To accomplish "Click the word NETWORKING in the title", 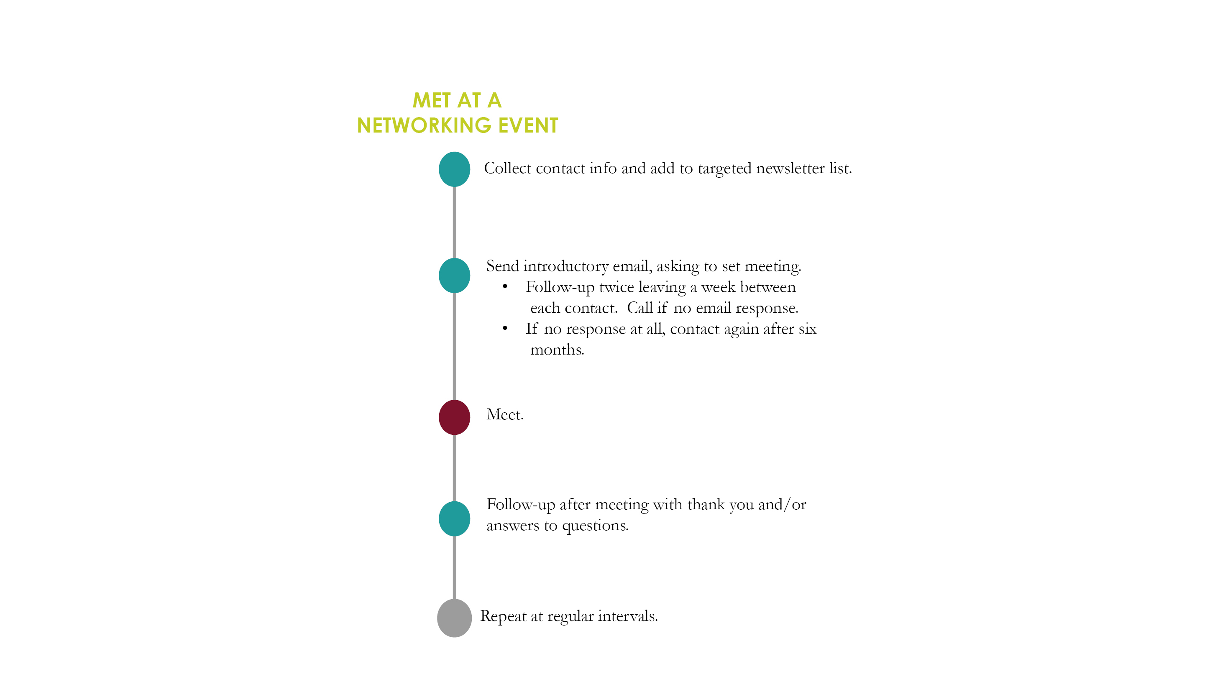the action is click(x=424, y=125).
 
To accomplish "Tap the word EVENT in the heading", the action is click(x=528, y=125).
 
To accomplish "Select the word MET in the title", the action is click(x=432, y=100).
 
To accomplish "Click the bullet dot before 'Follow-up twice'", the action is click(x=505, y=287).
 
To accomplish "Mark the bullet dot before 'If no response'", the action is click(x=505, y=328).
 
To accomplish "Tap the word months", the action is click(x=558, y=350).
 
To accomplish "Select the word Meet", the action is click(x=505, y=414).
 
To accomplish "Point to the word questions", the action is click(x=596, y=526).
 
